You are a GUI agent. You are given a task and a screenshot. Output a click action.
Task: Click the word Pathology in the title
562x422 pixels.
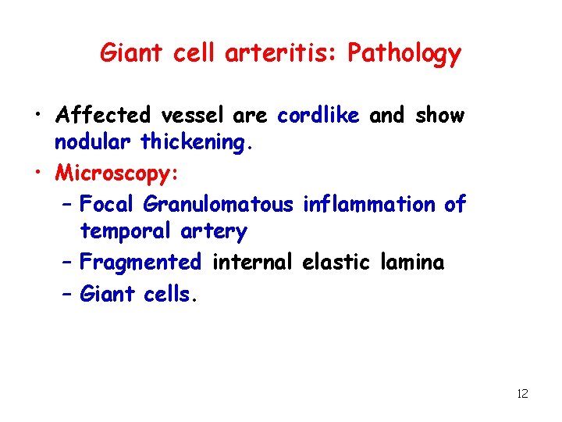[404, 55]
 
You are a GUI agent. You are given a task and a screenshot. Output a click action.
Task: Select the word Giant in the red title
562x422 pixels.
[131, 54]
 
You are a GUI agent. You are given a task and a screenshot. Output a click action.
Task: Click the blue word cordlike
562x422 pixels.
[318, 116]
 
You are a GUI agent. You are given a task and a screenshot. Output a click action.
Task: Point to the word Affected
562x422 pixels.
[103, 116]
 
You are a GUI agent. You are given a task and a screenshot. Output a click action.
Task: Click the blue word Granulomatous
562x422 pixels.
[219, 204]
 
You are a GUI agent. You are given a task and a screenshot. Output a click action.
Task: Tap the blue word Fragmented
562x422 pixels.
[140, 262]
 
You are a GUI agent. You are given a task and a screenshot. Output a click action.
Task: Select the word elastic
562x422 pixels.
[337, 262]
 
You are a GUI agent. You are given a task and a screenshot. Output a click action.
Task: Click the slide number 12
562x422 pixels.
[522, 394]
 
